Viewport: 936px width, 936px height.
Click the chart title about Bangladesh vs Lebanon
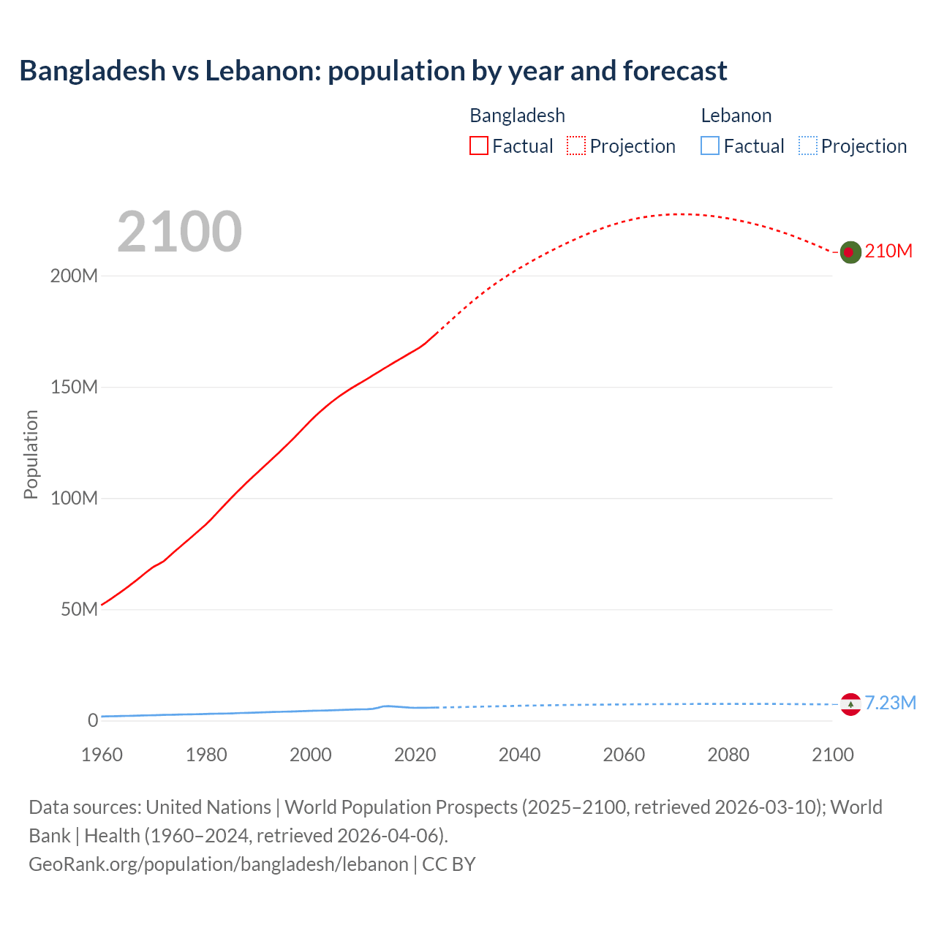pos(373,71)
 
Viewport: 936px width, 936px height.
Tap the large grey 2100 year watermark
pos(179,232)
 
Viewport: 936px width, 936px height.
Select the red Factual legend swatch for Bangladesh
pos(478,146)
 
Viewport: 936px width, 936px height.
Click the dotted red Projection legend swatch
pos(576,146)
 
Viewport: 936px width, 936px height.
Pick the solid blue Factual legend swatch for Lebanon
pos(710,146)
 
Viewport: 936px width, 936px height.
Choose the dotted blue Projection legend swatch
pos(808,146)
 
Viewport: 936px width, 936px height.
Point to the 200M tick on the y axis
pos(74,276)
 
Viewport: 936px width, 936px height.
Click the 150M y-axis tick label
pos(74,388)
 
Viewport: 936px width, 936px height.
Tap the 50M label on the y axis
pos(79,610)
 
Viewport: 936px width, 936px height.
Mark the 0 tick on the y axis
pos(93,721)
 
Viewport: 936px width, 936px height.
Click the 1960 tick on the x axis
pos(102,755)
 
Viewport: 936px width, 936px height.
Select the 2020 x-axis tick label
pos(415,755)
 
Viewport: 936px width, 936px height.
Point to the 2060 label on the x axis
pos(624,755)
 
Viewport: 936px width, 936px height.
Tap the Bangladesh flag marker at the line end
pos(850,252)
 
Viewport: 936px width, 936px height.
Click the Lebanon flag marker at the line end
pos(850,704)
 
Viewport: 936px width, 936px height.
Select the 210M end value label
pos(888,252)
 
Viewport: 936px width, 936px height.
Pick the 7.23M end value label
pos(890,703)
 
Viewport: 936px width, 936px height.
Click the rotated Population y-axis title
pos(31,454)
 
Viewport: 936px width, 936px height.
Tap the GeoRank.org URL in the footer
pos(218,864)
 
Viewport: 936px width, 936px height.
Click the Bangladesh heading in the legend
pos(517,116)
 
